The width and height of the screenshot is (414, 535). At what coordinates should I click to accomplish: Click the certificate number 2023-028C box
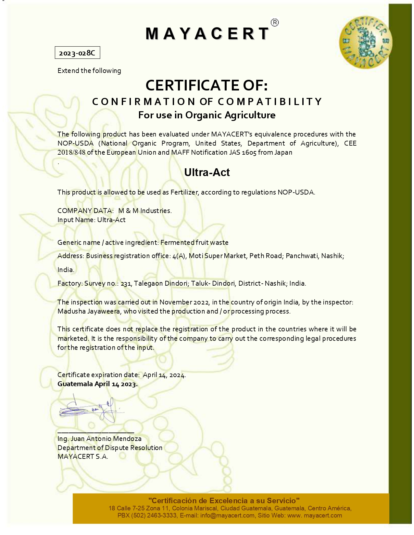click(x=77, y=53)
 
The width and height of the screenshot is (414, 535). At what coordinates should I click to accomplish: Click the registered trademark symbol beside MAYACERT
click(x=274, y=22)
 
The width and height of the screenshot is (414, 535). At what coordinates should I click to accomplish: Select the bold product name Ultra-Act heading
click(x=207, y=172)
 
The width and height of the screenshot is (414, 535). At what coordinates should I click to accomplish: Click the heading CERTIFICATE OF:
click(x=207, y=85)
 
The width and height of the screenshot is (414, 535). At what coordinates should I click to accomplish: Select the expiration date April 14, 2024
click(x=164, y=375)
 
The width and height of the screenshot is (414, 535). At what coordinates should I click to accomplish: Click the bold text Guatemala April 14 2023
click(x=97, y=384)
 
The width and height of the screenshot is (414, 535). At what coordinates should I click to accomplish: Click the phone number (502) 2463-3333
click(x=154, y=515)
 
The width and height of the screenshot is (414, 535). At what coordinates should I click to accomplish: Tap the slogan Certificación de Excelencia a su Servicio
click(x=224, y=500)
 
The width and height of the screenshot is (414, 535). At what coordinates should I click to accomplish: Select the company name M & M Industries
click(x=145, y=211)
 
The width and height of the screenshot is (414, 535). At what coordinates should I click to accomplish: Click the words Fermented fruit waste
click(x=194, y=243)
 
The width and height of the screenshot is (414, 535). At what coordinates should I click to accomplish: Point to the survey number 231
click(x=126, y=284)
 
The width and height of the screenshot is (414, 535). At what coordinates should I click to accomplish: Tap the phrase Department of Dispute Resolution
click(x=110, y=448)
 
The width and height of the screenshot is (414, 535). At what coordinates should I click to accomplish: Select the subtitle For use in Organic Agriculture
click(x=207, y=115)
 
